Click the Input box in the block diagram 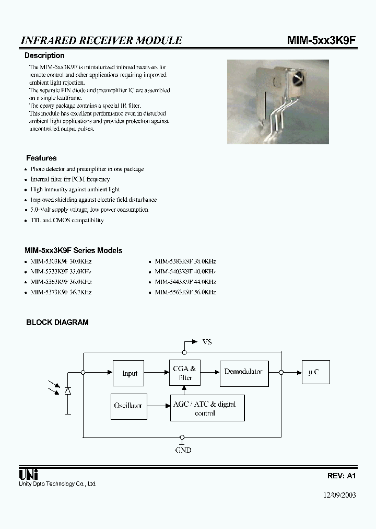[128, 373]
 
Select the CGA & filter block [185, 373]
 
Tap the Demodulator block [243, 372]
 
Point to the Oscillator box [128, 406]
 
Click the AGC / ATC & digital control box [207, 408]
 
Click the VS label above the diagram [207, 342]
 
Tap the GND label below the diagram [183, 450]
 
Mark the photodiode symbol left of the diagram [68, 391]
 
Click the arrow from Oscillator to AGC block [157, 406]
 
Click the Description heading [45, 55]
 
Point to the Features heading [41, 158]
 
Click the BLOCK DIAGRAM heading [57, 323]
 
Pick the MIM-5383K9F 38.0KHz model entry [185, 261]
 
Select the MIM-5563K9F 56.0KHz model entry [185, 293]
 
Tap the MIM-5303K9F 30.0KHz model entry [61, 261]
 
